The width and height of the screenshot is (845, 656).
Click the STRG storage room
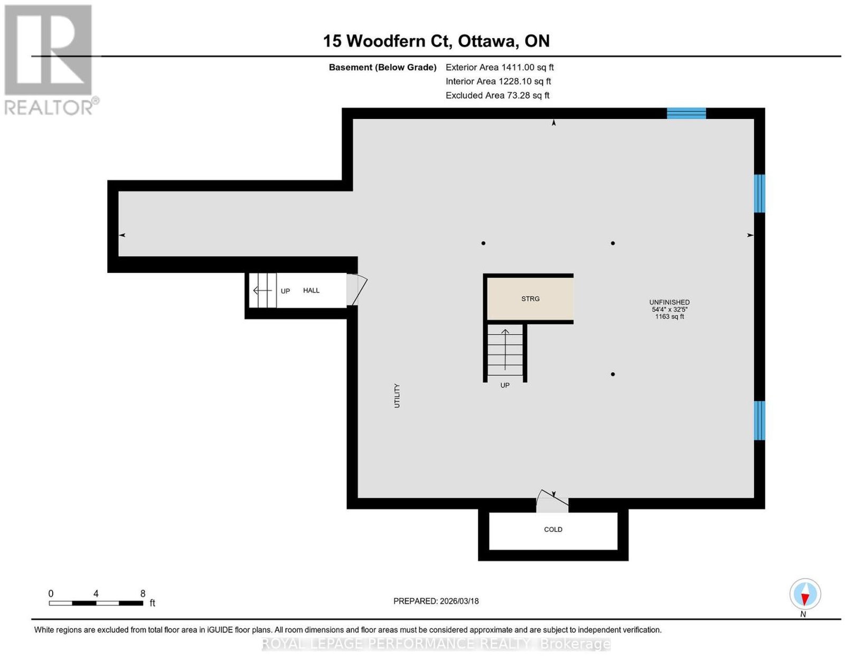(530, 299)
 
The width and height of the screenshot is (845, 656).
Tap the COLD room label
(553, 529)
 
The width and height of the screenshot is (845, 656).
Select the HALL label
(311, 290)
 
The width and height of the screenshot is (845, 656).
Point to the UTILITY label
(397, 396)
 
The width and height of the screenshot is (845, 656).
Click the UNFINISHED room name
(669, 302)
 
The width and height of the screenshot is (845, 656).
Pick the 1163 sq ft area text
(669, 317)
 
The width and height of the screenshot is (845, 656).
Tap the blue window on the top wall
(687, 113)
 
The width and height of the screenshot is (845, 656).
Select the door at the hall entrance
(356, 290)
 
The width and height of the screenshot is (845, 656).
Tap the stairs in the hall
(262, 290)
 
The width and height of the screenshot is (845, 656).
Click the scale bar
(96, 603)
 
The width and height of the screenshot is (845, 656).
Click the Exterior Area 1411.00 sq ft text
(500, 67)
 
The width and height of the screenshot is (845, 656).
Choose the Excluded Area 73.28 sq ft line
(497, 95)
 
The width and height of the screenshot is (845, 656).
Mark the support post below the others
(613, 374)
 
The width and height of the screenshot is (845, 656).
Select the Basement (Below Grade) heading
(383, 67)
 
